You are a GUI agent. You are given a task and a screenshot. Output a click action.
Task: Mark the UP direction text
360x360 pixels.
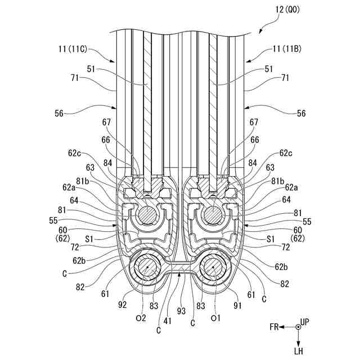[x=304, y=322]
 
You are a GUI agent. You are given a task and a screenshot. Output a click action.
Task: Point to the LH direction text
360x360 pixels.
[x=299, y=350]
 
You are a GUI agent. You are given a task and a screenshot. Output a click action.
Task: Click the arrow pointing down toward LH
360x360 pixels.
[x=298, y=337]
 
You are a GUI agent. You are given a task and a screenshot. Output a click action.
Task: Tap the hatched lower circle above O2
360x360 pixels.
[x=148, y=269]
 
